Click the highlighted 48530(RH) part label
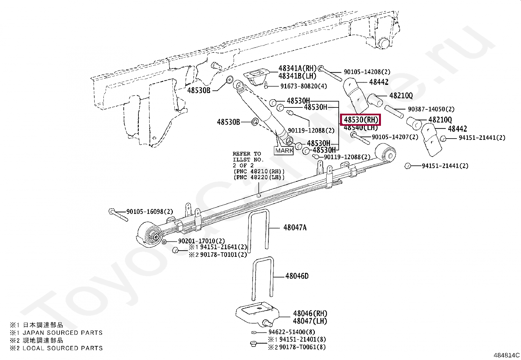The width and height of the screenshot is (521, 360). (x=361, y=120)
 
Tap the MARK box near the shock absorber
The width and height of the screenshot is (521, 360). (x=284, y=151)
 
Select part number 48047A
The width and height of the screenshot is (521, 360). (x=295, y=227)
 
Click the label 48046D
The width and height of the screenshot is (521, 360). (x=296, y=276)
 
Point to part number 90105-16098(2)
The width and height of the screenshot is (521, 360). (x=150, y=212)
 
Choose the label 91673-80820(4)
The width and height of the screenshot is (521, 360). (x=304, y=86)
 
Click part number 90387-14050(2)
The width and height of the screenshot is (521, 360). (x=431, y=109)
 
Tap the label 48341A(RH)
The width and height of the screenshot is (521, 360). (x=297, y=68)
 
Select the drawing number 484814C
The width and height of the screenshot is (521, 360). (x=507, y=355)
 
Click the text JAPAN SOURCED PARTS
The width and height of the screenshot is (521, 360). (x=63, y=333)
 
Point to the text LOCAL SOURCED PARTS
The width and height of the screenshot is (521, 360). (x=63, y=348)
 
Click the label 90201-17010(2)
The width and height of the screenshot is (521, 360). (x=201, y=241)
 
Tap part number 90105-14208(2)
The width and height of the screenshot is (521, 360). (x=367, y=72)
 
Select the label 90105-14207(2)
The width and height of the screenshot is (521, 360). (x=395, y=137)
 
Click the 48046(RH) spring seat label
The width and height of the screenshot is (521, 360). (x=310, y=313)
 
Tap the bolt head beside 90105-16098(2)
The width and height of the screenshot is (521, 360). (x=112, y=211)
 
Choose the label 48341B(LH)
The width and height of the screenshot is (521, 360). (x=297, y=76)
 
